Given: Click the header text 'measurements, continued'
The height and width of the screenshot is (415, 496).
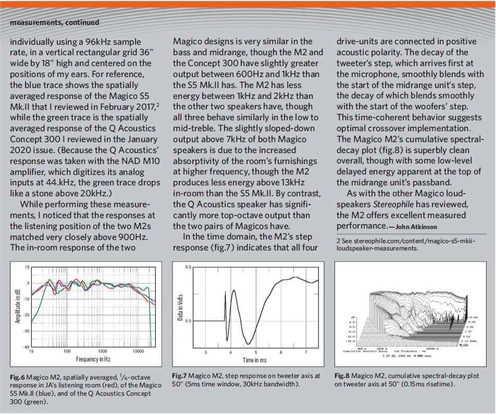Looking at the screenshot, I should [x=55, y=22].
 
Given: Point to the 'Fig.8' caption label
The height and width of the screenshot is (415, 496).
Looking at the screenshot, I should [x=342, y=375].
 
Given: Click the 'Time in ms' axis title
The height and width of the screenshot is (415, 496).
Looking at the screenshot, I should [x=255, y=360].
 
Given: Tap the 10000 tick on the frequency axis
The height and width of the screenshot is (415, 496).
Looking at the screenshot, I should [x=139, y=351].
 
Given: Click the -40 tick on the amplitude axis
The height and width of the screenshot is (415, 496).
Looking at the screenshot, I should [x=27, y=347].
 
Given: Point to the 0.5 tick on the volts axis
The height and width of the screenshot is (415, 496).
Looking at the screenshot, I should [x=189, y=267].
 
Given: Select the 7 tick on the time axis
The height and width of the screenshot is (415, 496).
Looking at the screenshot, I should [x=306, y=353].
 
